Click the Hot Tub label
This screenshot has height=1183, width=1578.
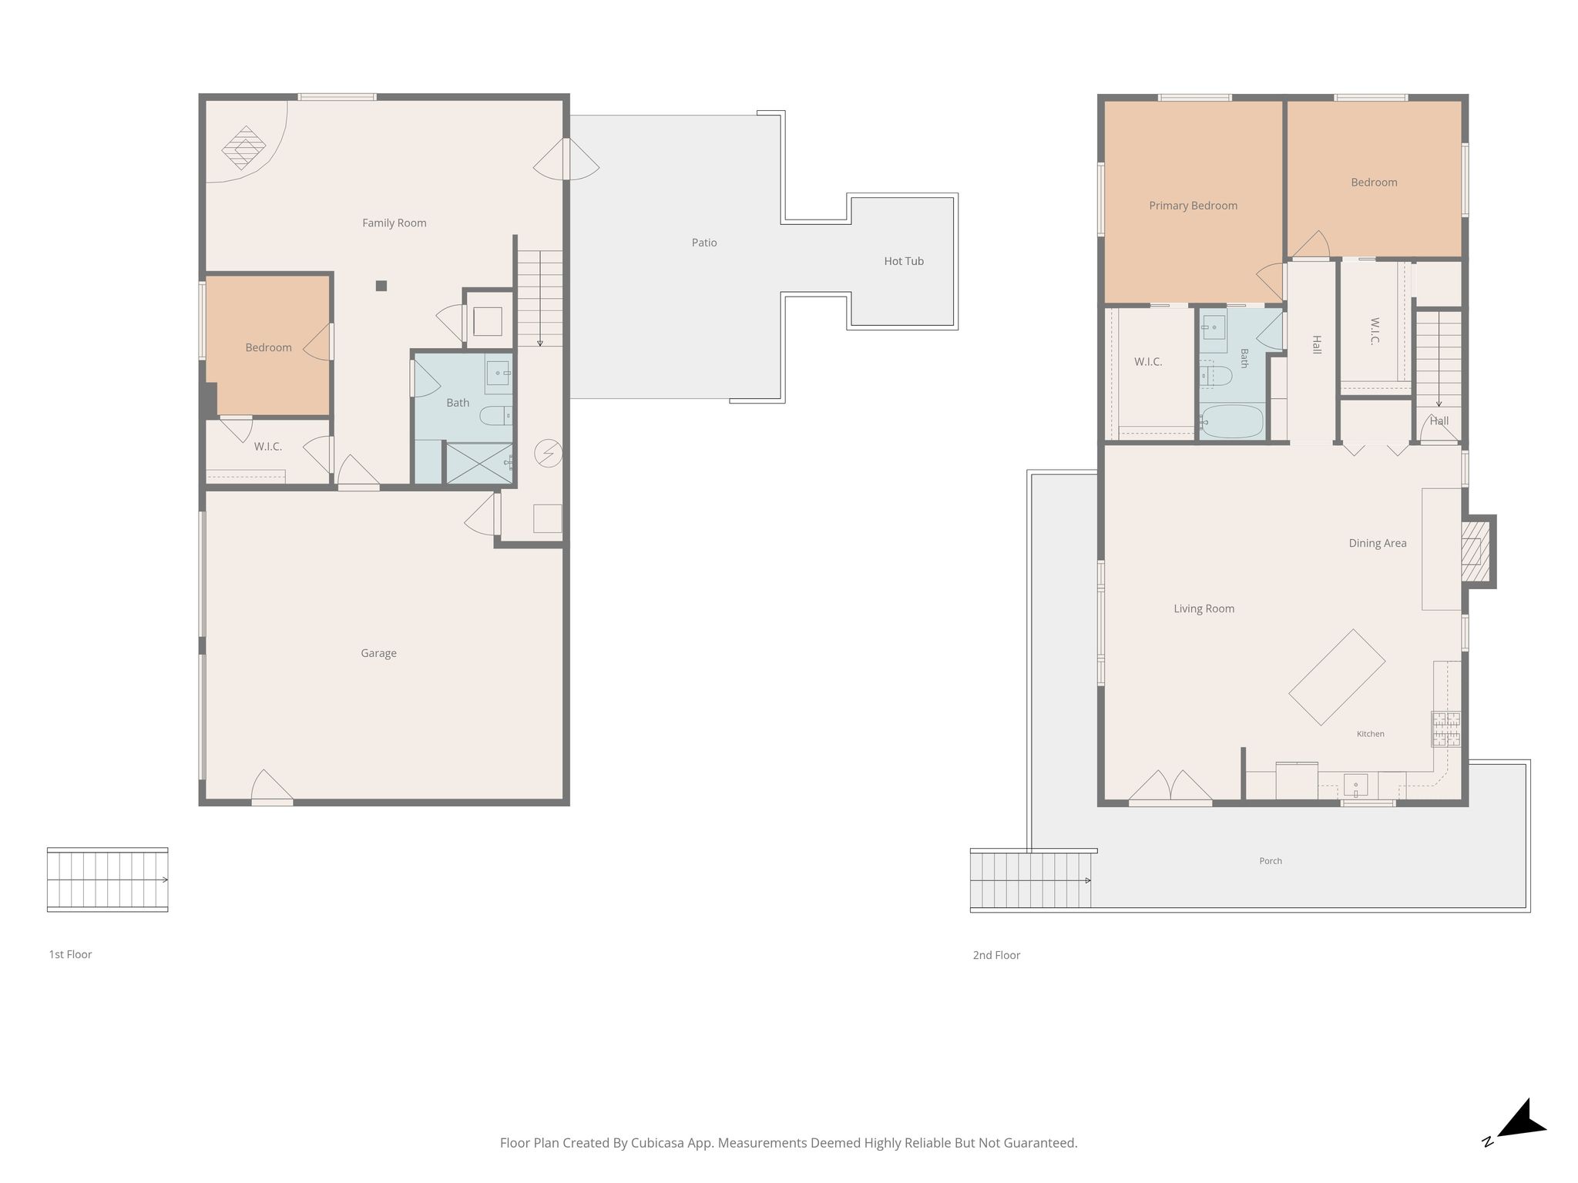pyautogui.click(x=904, y=261)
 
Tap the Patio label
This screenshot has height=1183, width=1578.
pyautogui.click(x=704, y=243)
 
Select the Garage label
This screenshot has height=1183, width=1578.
pyautogui.click(x=378, y=653)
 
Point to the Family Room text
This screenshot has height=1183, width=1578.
pyautogui.click(x=394, y=223)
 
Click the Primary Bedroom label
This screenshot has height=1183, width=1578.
pyautogui.click(x=1193, y=206)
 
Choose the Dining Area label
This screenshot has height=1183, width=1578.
pyautogui.click(x=1378, y=543)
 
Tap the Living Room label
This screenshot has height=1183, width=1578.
pyautogui.click(x=1204, y=608)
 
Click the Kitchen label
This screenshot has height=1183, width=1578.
pyautogui.click(x=1371, y=734)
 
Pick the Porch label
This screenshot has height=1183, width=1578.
pyautogui.click(x=1271, y=861)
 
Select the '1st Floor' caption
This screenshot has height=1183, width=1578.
pyautogui.click(x=70, y=954)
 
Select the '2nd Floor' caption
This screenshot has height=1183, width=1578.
pyautogui.click(x=996, y=955)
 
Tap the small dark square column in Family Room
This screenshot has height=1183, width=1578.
pyautogui.click(x=381, y=286)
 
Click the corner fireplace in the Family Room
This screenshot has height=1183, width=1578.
pyautogui.click(x=243, y=148)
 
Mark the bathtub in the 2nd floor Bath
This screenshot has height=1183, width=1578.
pyautogui.click(x=1232, y=421)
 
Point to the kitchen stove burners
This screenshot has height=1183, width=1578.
pyautogui.click(x=1446, y=729)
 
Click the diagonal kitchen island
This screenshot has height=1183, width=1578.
pyautogui.click(x=1337, y=677)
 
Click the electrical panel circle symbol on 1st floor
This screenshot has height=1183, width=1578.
pyautogui.click(x=549, y=454)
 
